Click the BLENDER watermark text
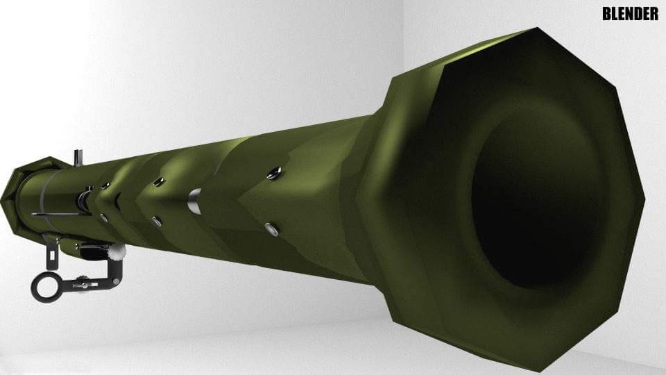(630, 14)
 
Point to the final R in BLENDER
(654, 14)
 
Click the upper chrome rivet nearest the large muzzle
(275, 172)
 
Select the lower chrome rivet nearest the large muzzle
(271, 228)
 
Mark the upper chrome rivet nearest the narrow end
(105, 185)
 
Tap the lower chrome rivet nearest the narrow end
(103, 218)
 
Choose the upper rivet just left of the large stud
(159, 182)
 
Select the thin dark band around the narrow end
(42, 194)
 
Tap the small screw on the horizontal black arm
(84, 283)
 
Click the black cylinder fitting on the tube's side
(84, 201)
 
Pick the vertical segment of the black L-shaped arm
(114, 271)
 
